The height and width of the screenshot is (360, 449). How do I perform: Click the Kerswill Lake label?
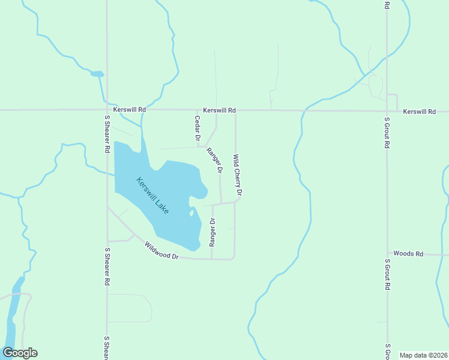click(x=152, y=196)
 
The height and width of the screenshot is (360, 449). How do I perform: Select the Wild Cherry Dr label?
click(x=237, y=176)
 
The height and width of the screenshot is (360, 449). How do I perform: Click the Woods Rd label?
click(x=408, y=254)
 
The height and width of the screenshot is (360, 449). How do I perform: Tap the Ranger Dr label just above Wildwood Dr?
click(x=212, y=233)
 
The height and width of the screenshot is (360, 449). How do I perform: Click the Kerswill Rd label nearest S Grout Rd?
click(x=419, y=112)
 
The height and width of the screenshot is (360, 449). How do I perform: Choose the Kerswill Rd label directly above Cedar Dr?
click(x=219, y=110)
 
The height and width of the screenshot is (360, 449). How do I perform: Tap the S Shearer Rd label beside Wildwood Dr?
click(x=107, y=266)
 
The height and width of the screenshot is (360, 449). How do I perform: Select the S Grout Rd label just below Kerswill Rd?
click(x=388, y=133)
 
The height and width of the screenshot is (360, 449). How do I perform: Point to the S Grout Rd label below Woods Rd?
click(x=388, y=275)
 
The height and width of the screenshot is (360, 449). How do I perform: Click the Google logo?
click(x=20, y=353)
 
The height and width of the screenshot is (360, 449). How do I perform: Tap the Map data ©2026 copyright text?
click(x=423, y=355)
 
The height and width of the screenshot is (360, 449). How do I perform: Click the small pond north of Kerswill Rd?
click(x=97, y=74)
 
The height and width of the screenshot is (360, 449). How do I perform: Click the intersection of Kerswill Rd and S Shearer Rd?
click(x=107, y=110)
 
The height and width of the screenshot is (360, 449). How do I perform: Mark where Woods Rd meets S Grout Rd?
click(x=388, y=254)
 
